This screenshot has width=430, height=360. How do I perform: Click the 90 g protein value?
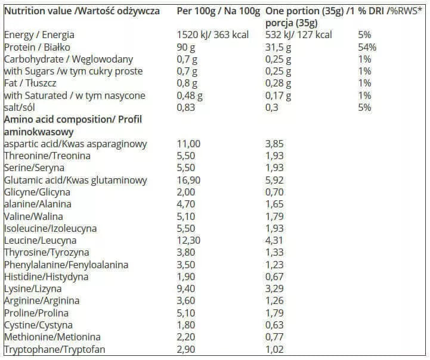[187, 47]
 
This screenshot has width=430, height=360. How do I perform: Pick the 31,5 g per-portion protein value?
[278, 47]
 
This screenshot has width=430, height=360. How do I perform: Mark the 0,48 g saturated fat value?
[191, 95]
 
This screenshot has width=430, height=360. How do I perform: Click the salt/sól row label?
[21, 107]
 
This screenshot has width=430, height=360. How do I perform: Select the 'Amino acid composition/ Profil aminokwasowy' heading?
[73, 125]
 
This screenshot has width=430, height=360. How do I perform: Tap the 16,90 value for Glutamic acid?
[190, 180]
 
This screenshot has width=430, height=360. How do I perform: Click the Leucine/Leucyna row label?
[41, 240]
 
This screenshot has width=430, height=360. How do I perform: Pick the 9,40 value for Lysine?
[188, 288]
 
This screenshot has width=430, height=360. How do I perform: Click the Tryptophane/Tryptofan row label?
[50, 349]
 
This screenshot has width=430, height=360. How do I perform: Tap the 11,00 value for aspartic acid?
[190, 144]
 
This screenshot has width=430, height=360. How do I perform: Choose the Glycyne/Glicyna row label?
[37, 192]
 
